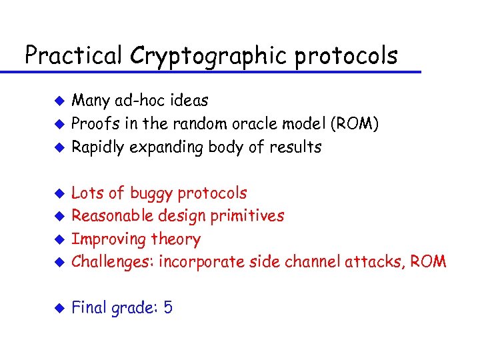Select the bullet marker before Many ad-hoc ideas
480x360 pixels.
coord(59,101)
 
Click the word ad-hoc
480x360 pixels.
coord(138,101)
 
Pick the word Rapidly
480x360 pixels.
coord(97,147)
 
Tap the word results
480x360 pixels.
coord(297,147)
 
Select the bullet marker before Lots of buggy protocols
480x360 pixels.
coord(59,194)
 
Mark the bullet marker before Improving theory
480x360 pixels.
coord(59,239)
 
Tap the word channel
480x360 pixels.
coord(313,262)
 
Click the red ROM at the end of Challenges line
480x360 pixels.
coord(429,262)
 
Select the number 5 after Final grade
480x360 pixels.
coord(167,308)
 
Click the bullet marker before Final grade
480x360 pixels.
coord(59,309)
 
